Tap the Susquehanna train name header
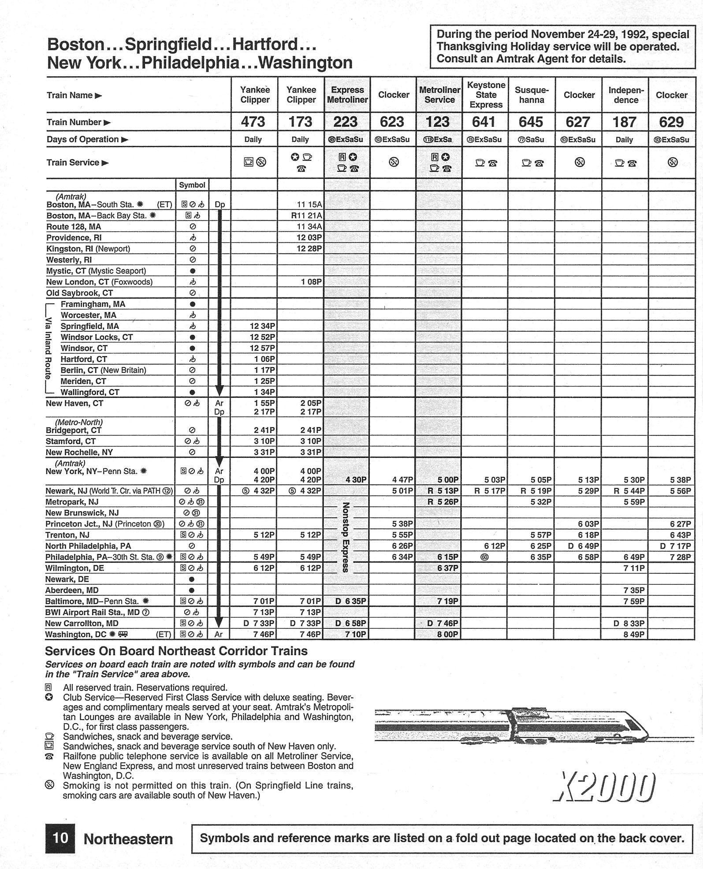tap(531, 95)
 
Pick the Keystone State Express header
tap(486, 95)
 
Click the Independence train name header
tap(626, 95)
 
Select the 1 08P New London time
tap(312, 282)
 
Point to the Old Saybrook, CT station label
tap(80, 293)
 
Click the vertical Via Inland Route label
tap(49, 348)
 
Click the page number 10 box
tap(60, 838)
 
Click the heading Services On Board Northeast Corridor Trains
tap(176, 651)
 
